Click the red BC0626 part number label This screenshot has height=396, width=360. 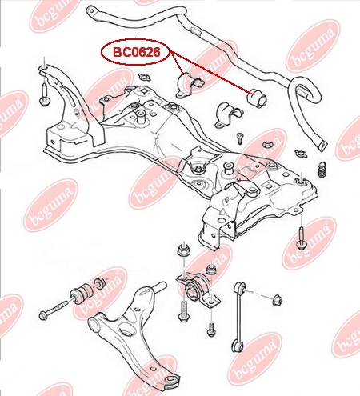pyautogui.click(x=137, y=52)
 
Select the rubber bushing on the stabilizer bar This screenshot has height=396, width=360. pyautogui.click(x=257, y=98)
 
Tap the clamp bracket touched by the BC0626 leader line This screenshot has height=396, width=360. pyautogui.click(x=189, y=84)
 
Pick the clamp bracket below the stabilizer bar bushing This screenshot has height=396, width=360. pyautogui.click(x=229, y=116)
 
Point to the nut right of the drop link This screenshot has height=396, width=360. pyautogui.click(x=278, y=300)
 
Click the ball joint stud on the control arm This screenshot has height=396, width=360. pyautogui.click(x=161, y=287)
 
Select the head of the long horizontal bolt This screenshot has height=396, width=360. pyautogui.click(x=43, y=316)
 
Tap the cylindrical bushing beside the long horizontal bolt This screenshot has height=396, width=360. pyautogui.click(x=82, y=293)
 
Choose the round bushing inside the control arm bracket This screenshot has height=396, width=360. pyautogui.click(x=194, y=290)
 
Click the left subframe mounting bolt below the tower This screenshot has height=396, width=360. pyautogui.click(x=44, y=95)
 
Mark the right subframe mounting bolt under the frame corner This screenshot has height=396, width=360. pyautogui.click(x=301, y=239)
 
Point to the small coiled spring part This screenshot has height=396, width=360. pyautogui.click(x=322, y=170)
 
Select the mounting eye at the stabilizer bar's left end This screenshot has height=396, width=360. pyautogui.click(x=92, y=12)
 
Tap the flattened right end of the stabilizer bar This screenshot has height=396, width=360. pyautogui.click(x=322, y=145)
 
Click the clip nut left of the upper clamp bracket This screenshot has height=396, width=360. pyautogui.click(x=144, y=77)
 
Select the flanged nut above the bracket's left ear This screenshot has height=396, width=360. pyautogui.click(x=183, y=250)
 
